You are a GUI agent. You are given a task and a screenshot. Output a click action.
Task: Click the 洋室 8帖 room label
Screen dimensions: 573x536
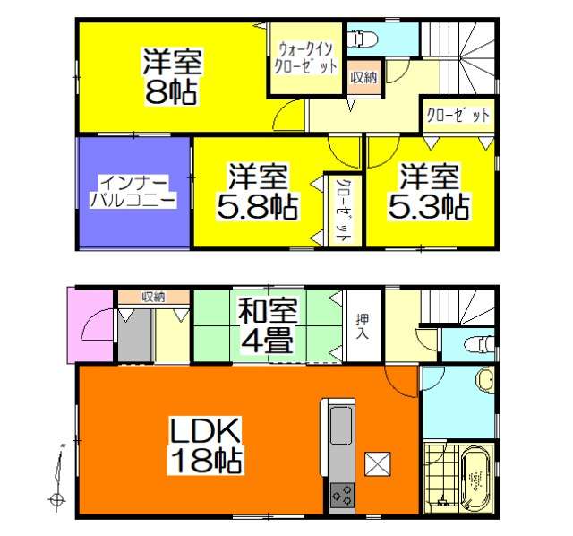pos(172,76)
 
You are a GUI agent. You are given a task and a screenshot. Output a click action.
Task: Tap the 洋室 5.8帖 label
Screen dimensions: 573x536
pos(258,192)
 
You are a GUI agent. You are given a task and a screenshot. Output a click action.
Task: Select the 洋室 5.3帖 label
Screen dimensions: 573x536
pos(429,192)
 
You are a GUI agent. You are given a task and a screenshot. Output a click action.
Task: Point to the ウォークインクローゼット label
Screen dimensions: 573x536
pos(305,58)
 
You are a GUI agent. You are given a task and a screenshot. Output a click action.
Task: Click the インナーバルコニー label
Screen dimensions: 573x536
pos(133,192)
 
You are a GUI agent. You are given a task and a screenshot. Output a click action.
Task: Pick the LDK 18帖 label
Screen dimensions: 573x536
pos(205,445)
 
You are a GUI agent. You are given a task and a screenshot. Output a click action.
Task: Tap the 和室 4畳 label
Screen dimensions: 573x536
pos(267,326)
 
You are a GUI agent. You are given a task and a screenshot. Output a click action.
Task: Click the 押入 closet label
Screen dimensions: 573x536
pos(363,326)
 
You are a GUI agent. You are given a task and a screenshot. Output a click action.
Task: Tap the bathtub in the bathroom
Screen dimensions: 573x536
pos(475,478)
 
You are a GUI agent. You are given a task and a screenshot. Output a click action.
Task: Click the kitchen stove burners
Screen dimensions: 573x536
pos(342,495)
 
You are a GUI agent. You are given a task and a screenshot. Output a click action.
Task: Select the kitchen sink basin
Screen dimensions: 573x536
pos(341,425)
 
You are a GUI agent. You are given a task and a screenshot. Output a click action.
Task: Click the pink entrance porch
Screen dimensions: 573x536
pos(90,325)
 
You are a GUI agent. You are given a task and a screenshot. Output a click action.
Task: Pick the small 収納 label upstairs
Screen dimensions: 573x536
pos(364,78)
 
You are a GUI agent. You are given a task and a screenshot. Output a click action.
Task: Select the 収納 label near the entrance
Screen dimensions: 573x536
pos(153,297)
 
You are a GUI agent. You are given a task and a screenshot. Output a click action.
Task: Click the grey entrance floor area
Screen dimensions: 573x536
pos(134,336)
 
